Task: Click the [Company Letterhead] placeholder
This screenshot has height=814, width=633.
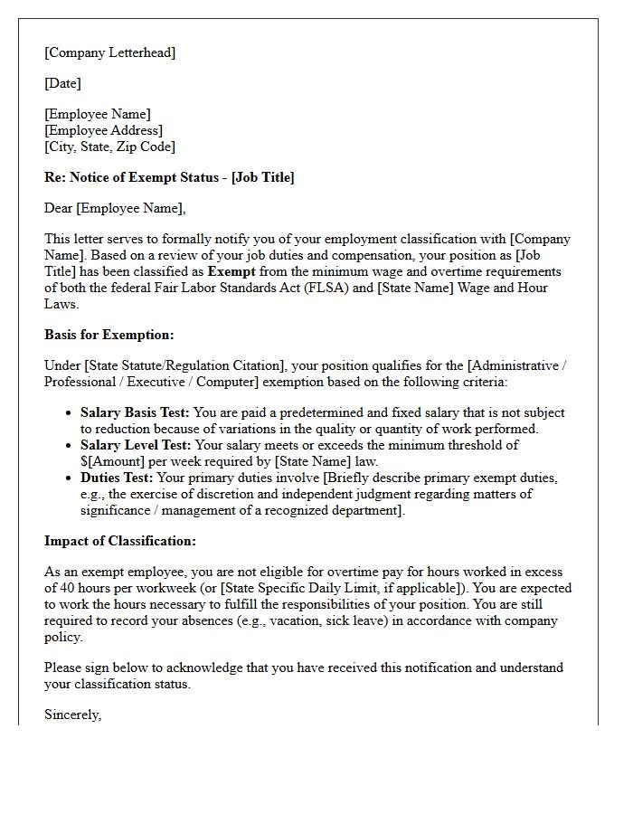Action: coord(109,52)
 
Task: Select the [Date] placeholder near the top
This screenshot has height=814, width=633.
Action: coord(62,83)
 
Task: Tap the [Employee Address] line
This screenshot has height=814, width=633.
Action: coord(103,130)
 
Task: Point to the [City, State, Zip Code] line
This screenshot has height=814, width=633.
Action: coord(109,147)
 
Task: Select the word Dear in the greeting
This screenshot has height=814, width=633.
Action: coord(59,208)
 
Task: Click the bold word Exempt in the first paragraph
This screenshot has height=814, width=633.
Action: coord(231,271)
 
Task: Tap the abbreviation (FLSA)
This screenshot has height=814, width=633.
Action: coord(350,288)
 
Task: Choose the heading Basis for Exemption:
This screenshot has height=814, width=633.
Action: coord(109,335)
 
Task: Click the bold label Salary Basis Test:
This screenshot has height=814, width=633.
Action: coord(135,412)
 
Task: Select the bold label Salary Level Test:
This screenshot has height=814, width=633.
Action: coord(136,445)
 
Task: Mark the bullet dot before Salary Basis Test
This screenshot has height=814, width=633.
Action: coord(70,413)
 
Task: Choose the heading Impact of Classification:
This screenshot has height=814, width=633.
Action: coord(120,541)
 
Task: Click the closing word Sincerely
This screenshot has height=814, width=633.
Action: coord(72,715)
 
